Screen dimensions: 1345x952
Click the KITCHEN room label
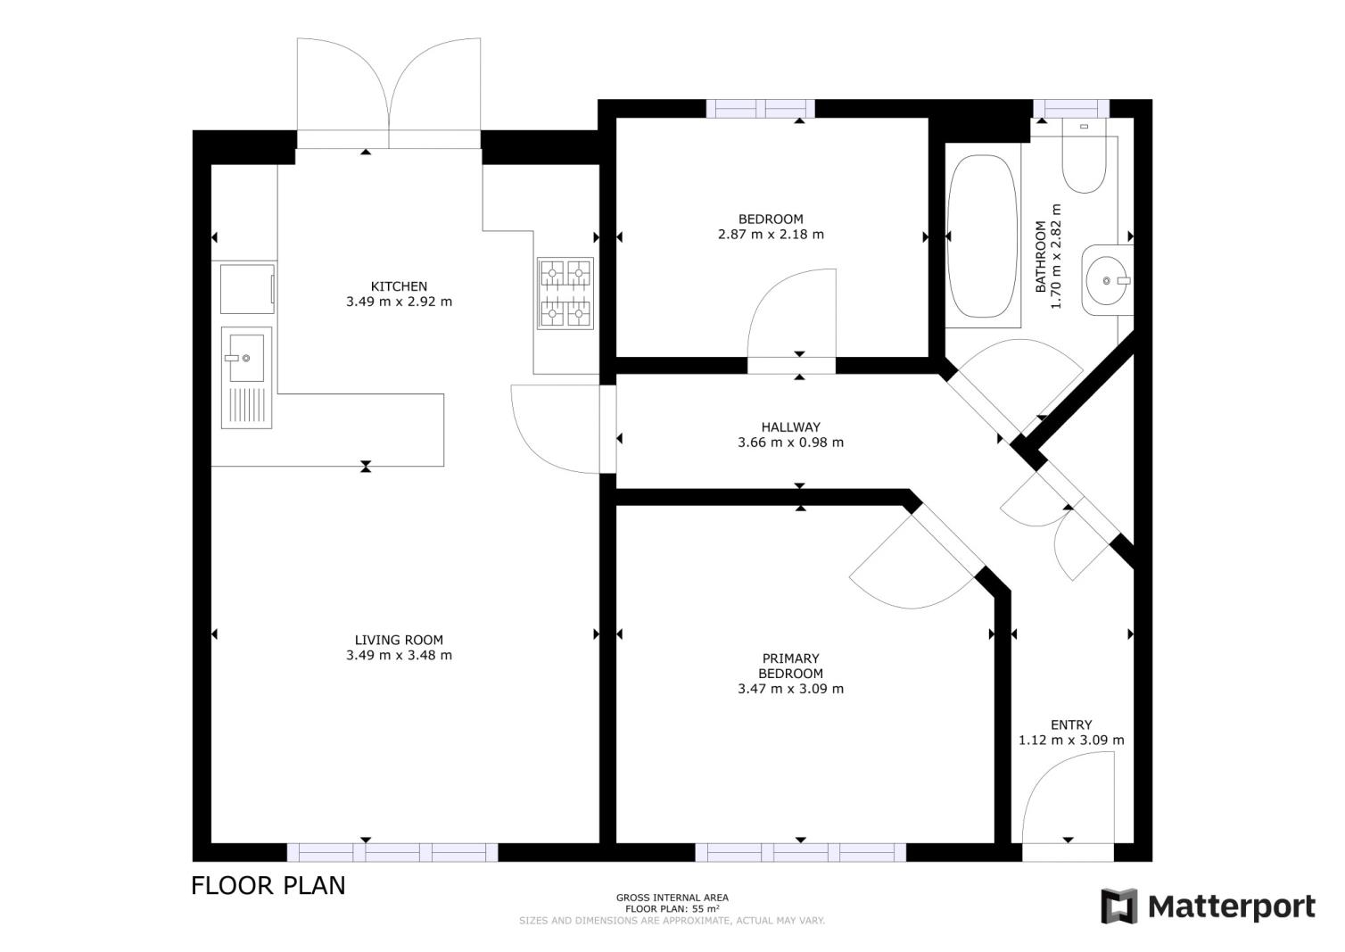point(399,286)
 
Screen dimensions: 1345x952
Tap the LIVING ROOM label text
point(399,641)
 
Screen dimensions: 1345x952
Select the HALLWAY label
point(790,427)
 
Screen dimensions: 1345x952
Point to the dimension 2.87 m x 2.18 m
point(771,235)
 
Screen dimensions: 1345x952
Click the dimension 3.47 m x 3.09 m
point(790,689)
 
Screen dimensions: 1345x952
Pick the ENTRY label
point(1071,725)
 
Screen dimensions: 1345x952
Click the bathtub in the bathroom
point(982,236)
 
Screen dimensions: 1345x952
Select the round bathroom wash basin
point(1107,280)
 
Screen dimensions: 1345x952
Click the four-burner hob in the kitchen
point(565,294)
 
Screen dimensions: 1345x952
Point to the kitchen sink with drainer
point(246,377)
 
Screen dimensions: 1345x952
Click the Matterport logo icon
point(1119,906)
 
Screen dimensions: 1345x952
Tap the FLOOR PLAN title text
point(268,886)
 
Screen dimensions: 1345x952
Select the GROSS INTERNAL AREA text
point(672,898)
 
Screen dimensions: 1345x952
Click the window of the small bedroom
point(760,109)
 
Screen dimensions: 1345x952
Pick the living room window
point(392,852)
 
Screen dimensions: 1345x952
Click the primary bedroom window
point(800,852)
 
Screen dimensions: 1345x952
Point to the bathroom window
point(1071,109)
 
